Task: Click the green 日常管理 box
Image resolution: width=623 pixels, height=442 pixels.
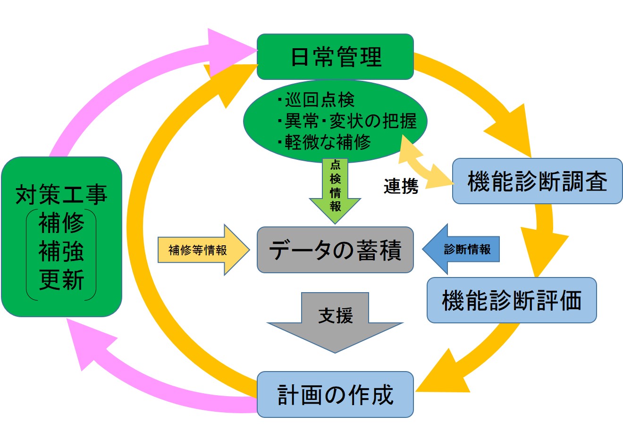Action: (335, 57)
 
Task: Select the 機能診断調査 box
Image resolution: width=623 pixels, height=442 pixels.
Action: (537, 182)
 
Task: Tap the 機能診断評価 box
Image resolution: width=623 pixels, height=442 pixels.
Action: (512, 300)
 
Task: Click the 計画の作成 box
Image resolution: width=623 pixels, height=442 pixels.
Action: (335, 395)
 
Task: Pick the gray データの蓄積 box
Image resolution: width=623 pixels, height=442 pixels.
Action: (335, 250)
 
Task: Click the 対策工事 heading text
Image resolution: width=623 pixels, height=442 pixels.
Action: (61, 194)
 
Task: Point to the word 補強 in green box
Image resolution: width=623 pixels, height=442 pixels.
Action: (61, 251)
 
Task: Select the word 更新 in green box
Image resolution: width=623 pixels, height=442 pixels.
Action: (61, 280)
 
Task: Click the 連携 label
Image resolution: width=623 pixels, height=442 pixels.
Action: (401, 186)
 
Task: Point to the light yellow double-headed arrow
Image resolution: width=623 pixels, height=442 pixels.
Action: (422, 164)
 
